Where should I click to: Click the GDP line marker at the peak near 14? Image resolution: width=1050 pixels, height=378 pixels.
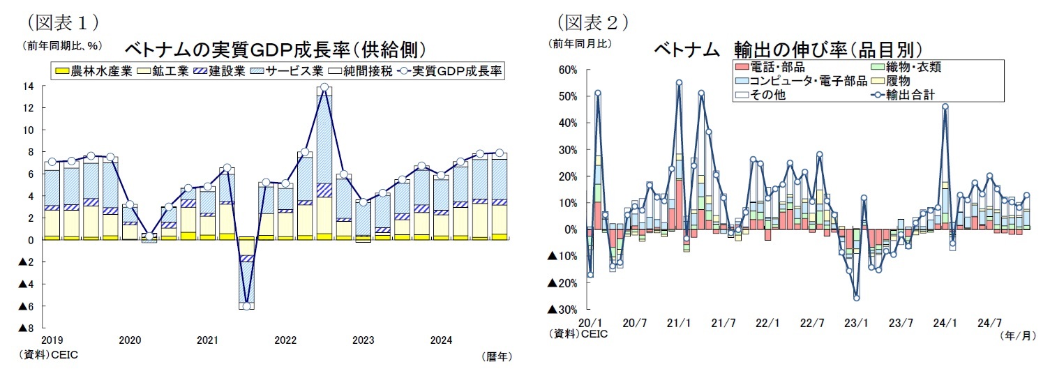click(x=324, y=88)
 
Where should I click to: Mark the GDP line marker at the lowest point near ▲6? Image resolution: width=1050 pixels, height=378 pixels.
click(x=246, y=305)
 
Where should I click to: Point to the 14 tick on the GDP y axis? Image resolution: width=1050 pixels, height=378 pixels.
click(x=29, y=86)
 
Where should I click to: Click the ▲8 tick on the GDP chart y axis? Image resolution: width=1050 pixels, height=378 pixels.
click(x=26, y=328)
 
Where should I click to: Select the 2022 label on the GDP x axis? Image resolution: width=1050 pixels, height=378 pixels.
click(x=285, y=341)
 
